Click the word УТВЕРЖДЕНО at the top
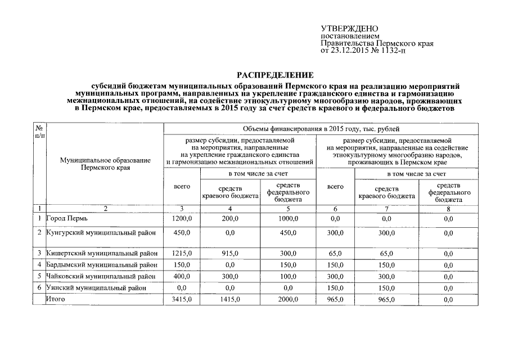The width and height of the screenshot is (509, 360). tap(349, 29)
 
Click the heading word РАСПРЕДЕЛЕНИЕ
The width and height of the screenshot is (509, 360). tap(275, 75)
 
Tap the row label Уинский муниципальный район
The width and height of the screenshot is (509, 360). tap(96, 287)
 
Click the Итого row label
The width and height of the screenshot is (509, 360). tap(56, 299)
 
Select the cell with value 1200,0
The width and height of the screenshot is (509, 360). tap(181, 218)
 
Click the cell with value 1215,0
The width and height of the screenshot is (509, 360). tap(181, 254)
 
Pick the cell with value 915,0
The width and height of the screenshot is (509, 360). tap(229, 254)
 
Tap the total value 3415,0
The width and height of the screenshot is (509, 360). tap(181, 300)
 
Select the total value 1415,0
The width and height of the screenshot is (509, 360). tap(229, 300)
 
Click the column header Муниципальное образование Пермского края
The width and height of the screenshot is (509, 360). tap(105, 164)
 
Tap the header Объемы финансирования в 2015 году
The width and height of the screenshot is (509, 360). tap(321, 129)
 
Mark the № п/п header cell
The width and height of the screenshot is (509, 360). tap(39, 132)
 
